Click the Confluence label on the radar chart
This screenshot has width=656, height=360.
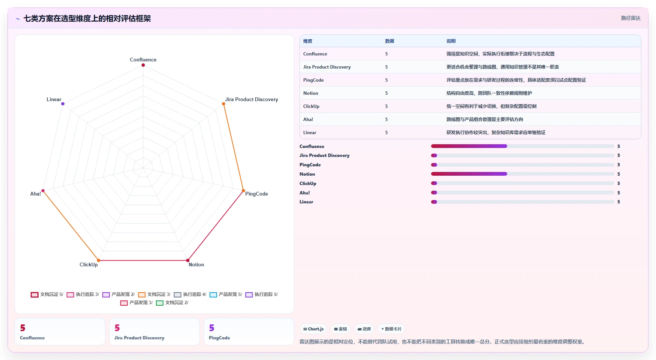pos(143,60)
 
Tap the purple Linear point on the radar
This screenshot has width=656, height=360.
pos(63,104)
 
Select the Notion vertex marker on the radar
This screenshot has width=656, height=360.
pos(188,260)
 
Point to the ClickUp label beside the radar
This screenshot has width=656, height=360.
pos(88,264)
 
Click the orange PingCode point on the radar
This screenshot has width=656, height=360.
pos(243,191)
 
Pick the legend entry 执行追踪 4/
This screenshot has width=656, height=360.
pos(190,294)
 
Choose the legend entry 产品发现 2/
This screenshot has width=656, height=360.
pos(118,294)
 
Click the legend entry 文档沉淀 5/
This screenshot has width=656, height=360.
pos(47,294)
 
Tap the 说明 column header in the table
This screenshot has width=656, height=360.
pos(451,41)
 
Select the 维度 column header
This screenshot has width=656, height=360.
pos(308,41)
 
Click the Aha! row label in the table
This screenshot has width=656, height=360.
pos(308,120)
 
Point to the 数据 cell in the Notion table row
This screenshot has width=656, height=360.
pos(386,93)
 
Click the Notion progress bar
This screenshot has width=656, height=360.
pos(523,174)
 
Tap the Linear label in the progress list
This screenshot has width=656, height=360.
pos(306,202)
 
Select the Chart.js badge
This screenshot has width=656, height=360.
pos(313,329)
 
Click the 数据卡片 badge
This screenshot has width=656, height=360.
pos(391,329)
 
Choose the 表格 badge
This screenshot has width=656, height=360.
pos(340,329)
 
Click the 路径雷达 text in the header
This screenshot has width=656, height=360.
pos(631,18)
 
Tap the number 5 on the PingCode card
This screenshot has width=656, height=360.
pos(212,328)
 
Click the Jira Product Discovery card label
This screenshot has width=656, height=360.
pos(139,338)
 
